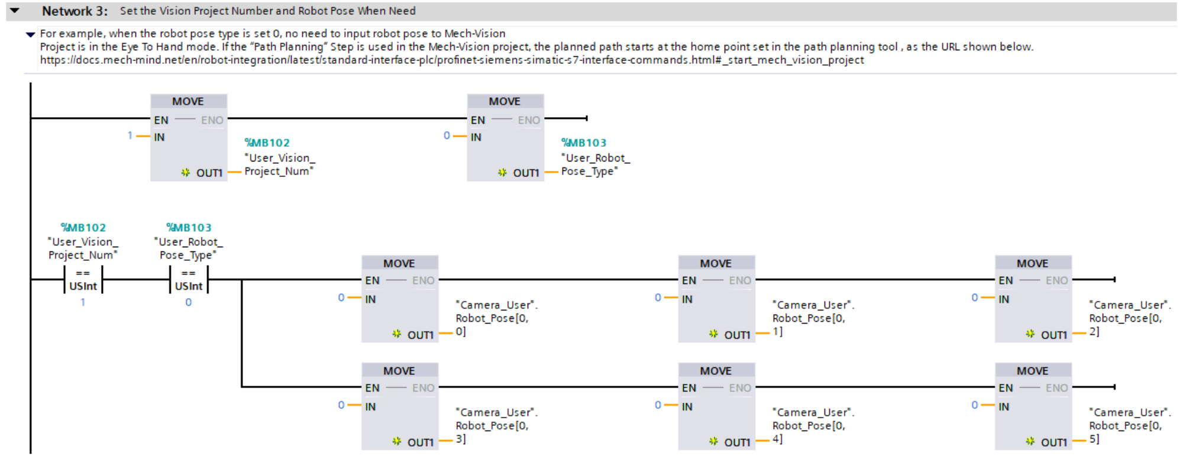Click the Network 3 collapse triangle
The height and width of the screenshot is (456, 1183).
click(x=15, y=11)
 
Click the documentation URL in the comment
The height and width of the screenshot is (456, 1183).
click(x=452, y=60)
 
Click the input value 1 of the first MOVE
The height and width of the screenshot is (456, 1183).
click(x=130, y=135)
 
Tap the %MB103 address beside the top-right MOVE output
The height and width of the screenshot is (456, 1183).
click(x=584, y=143)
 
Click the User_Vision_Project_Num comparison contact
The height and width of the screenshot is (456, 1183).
click(x=83, y=279)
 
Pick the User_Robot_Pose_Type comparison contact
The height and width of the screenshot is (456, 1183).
click(x=189, y=279)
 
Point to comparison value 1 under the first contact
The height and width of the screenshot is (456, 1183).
click(x=83, y=302)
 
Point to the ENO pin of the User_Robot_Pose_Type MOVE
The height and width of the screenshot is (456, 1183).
click(x=529, y=120)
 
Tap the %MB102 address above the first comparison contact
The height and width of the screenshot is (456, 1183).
click(x=83, y=228)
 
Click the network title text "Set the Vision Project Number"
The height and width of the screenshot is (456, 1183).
click(x=267, y=11)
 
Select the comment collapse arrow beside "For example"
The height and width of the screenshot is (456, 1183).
click(x=31, y=34)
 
